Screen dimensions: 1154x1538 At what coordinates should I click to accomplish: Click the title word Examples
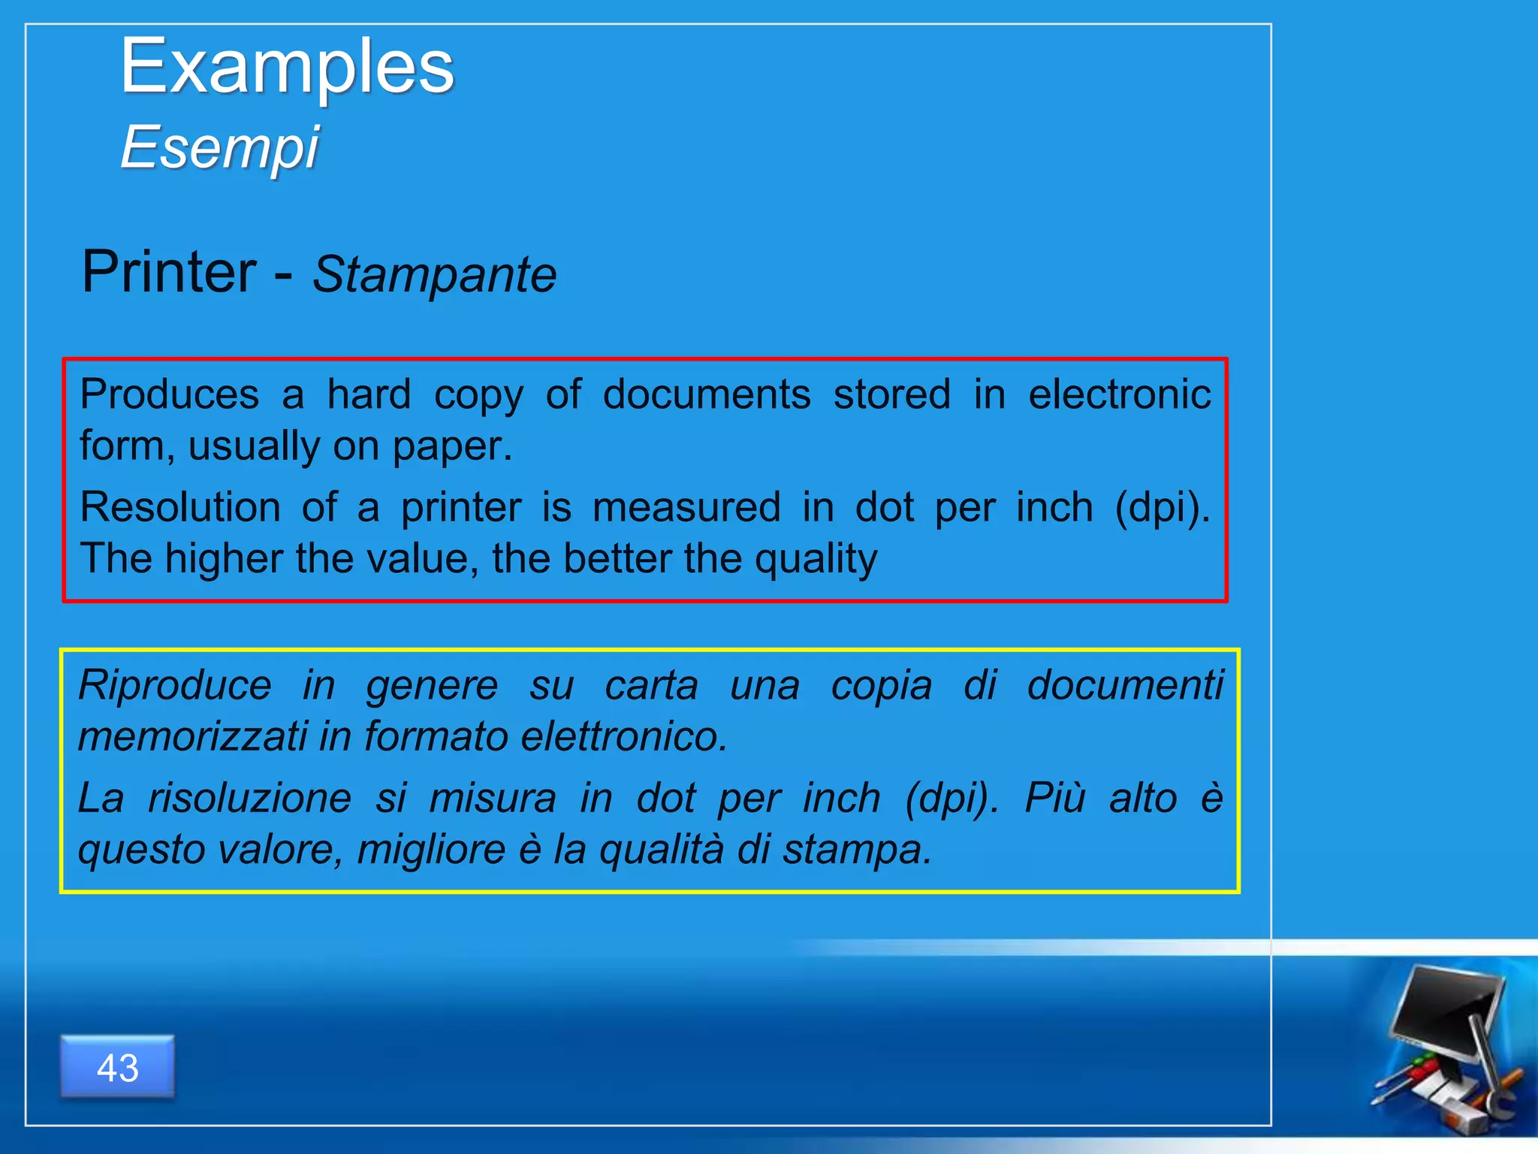click(287, 68)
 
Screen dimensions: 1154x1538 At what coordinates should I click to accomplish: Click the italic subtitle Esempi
click(220, 147)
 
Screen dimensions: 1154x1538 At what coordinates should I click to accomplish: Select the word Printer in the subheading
click(169, 272)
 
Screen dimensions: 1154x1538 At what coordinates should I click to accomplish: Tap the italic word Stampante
click(434, 274)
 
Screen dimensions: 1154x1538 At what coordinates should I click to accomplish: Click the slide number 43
click(118, 1068)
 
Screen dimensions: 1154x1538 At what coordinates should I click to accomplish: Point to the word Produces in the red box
click(170, 394)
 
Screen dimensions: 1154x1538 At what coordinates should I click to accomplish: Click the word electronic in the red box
click(1119, 394)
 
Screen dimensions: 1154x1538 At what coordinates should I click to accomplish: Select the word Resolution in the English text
click(180, 507)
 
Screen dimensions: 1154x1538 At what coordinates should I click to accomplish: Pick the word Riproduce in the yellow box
click(175, 685)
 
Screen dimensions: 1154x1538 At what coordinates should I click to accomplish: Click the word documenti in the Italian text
click(1125, 685)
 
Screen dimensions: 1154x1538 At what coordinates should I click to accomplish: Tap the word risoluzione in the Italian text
click(249, 798)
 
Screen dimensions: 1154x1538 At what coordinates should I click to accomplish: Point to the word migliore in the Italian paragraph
click(431, 850)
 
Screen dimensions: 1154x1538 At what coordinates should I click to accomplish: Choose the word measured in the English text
click(686, 507)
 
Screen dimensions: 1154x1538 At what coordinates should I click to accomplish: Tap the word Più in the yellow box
click(1055, 798)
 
